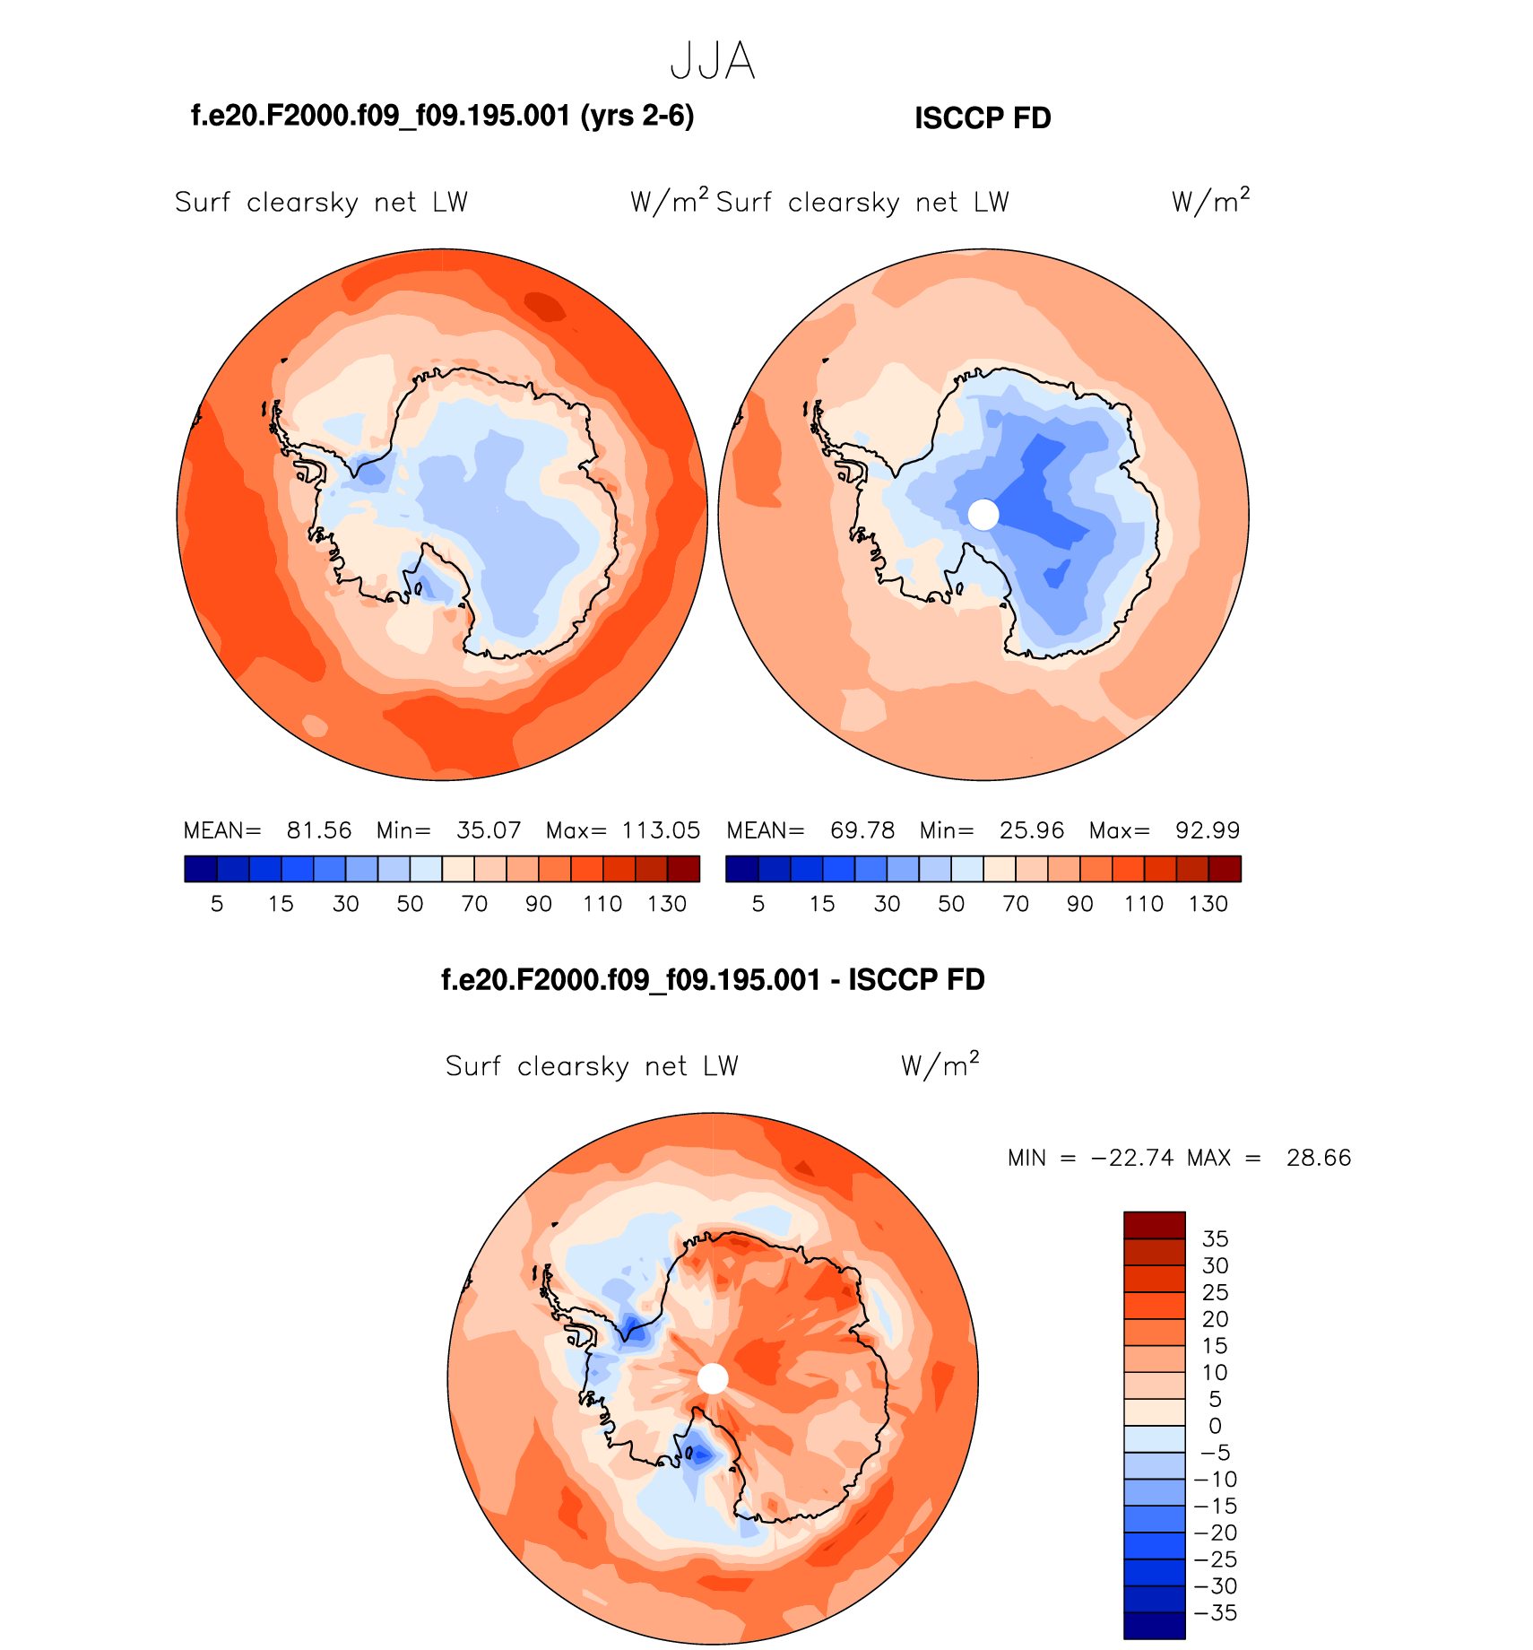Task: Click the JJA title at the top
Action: (713, 62)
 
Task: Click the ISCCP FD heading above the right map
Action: (983, 118)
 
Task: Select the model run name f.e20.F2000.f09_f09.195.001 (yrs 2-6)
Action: (443, 116)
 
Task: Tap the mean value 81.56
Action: (319, 830)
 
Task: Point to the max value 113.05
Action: (661, 830)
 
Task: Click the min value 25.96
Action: (1032, 830)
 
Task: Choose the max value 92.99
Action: (1208, 830)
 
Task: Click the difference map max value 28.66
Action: (1319, 1158)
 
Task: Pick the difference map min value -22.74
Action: (1131, 1158)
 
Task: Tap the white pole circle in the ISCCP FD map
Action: (983, 515)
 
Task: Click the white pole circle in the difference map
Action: (713, 1378)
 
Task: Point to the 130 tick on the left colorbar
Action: (667, 904)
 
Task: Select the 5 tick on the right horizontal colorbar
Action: (758, 904)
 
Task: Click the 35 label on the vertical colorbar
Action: (1215, 1238)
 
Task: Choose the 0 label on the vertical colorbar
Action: (1215, 1426)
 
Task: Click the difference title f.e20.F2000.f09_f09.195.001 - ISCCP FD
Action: (713, 980)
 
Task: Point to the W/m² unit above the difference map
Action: (940, 1065)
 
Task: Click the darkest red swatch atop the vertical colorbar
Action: (1155, 1225)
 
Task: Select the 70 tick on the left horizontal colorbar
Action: (474, 904)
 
